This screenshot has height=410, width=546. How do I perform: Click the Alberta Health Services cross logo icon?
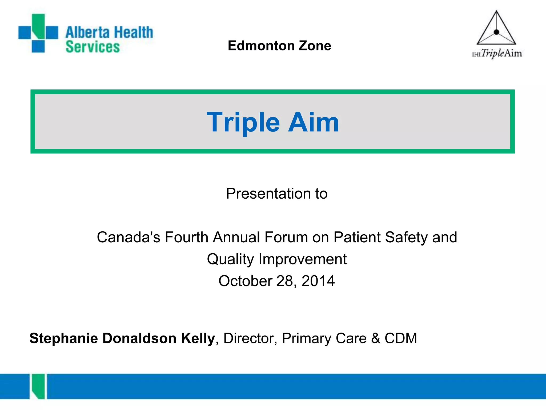pyautogui.click(x=38, y=33)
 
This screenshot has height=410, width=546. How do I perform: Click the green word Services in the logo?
pyautogui.click(x=93, y=47)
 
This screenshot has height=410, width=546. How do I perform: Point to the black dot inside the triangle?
pyautogui.click(x=496, y=32)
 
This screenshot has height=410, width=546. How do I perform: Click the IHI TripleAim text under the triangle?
pyautogui.click(x=497, y=53)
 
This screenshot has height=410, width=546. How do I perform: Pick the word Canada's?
pyautogui.click(x=129, y=237)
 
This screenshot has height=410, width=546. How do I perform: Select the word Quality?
pyautogui.click(x=230, y=259)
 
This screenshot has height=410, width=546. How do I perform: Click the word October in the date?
pyautogui.click(x=245, y=281)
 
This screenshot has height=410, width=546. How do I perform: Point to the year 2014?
pyautogui.click(x=318, y=281)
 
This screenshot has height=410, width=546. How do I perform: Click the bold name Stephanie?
pyautogui.click(x=64, y=338)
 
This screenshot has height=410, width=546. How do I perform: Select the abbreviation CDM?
pyautogui.click(x=400, y=338)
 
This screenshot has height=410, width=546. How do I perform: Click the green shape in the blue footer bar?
pyautogui.click(x=38, y=386)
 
